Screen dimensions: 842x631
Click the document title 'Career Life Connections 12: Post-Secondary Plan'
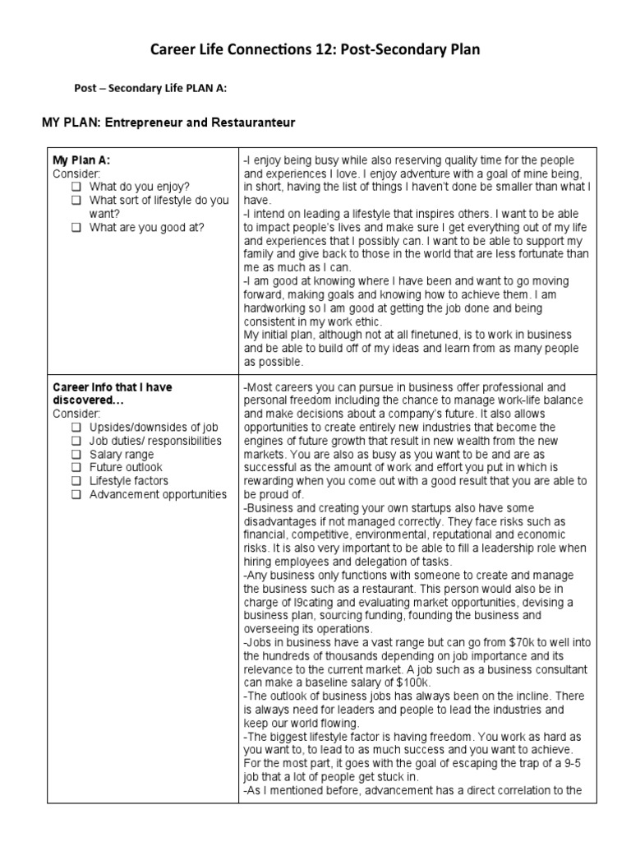pos(315,50)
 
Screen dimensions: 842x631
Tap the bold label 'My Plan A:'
pos(81,160)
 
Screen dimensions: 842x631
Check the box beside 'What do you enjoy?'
pos(76,187)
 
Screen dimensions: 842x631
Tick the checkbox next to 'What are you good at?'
pos(76,227)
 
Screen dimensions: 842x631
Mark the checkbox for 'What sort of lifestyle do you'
pos(76,200)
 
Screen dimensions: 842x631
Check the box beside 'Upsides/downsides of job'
pos(76,428)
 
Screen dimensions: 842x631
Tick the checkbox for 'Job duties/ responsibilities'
pos(76,441)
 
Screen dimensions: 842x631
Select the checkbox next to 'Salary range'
pos(76,454)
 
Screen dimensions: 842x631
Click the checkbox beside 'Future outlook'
pos(76,467)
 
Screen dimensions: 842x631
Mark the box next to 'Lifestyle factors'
pos(76,481)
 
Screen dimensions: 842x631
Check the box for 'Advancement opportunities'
pos(76,494)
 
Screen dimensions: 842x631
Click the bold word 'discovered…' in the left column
pos(87,400)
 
